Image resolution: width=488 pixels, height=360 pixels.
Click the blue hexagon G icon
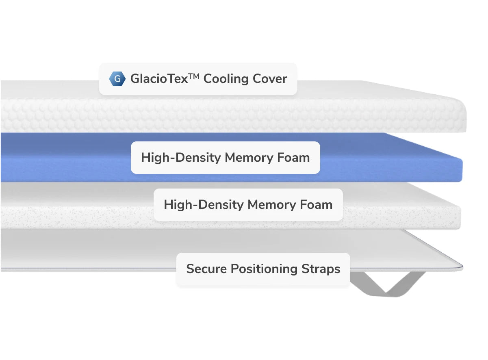117,79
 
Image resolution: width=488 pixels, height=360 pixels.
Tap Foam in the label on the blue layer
293,158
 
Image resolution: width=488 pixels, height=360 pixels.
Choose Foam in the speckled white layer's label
316,205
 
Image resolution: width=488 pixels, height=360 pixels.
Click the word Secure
206,269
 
